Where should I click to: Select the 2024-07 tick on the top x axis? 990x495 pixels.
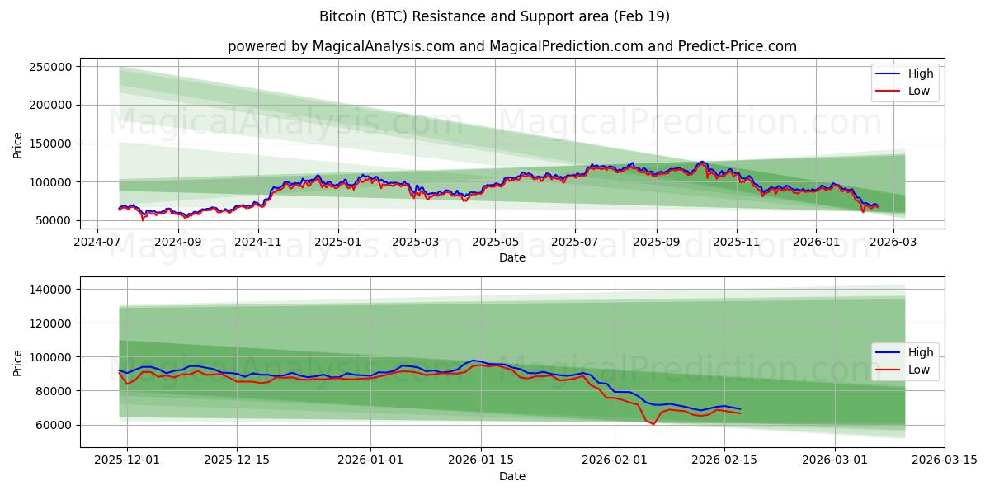(x=98, y=243)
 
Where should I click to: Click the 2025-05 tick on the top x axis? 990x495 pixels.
(x=495, y=243)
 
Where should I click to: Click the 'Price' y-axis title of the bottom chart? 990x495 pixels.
(x=18, y=362)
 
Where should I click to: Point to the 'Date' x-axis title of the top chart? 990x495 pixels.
(x=512, y=258)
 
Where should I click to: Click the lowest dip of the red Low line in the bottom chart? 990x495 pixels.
(x=653, y=424)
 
